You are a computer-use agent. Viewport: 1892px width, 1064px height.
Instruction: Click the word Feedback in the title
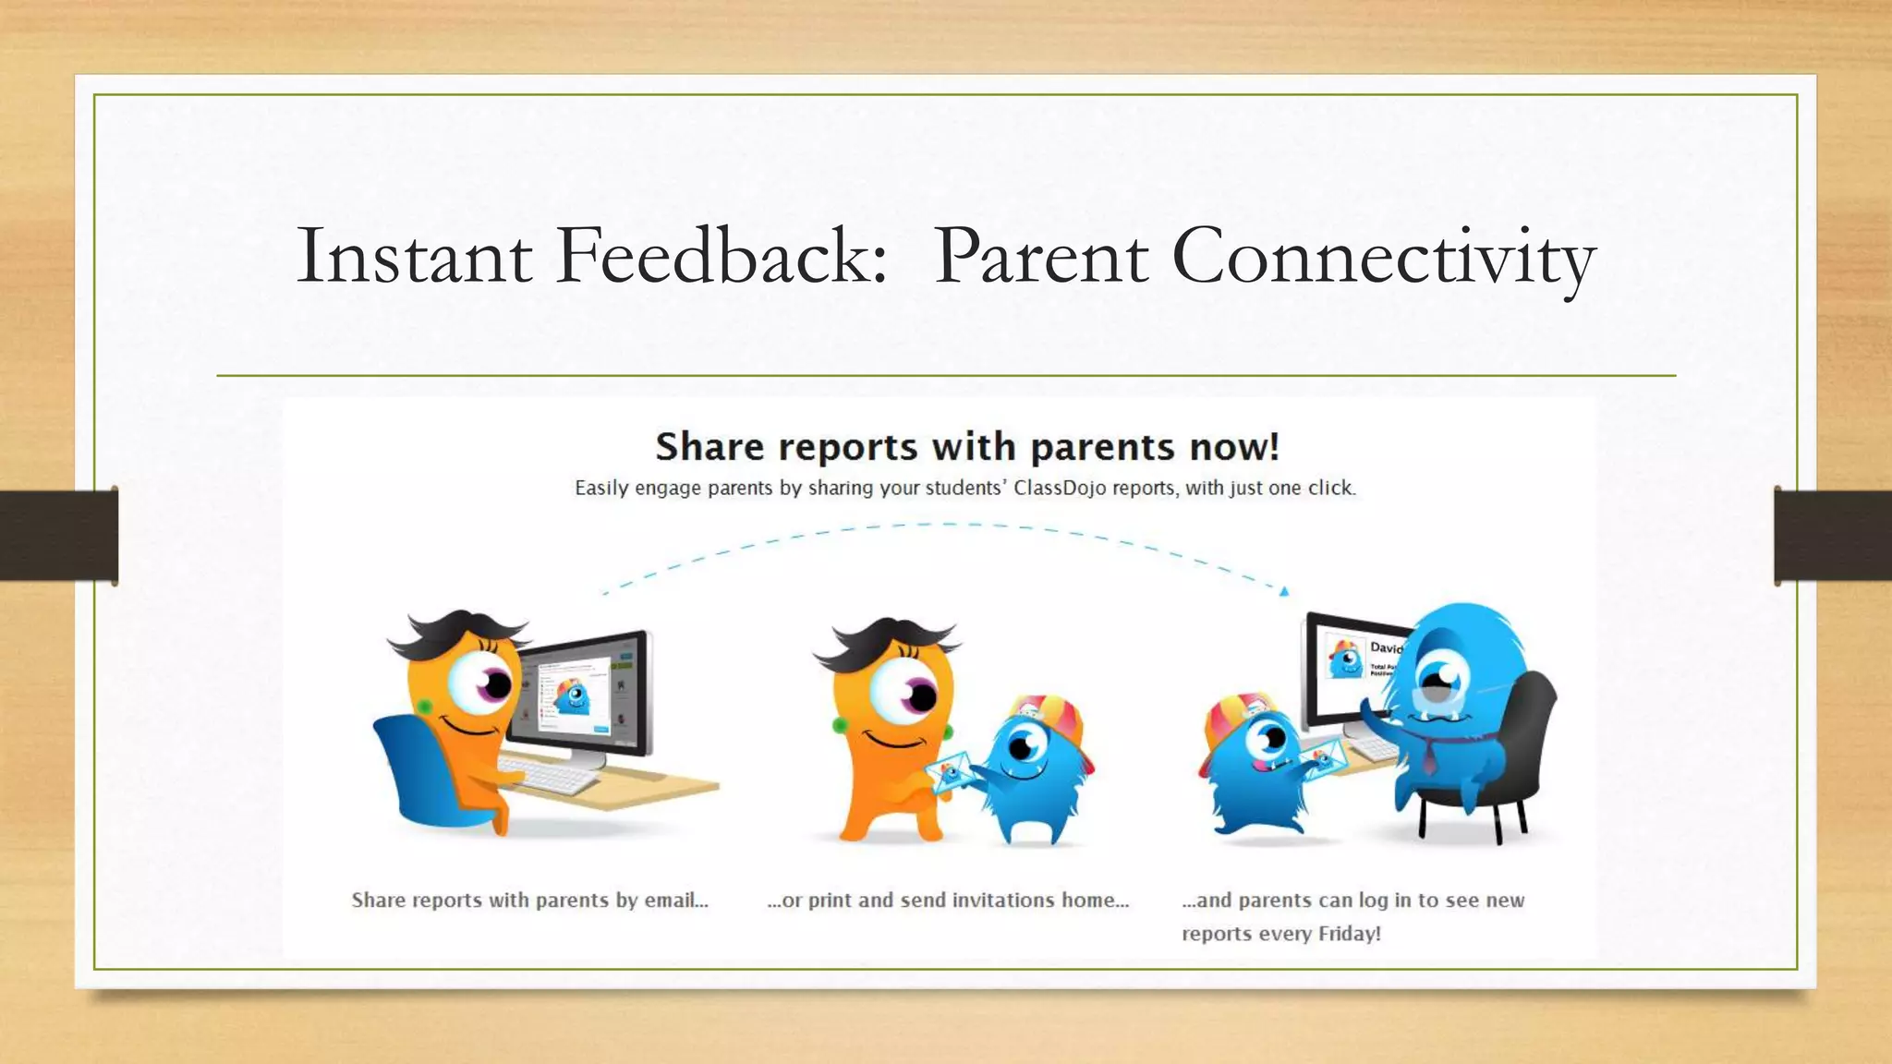pos(721,256)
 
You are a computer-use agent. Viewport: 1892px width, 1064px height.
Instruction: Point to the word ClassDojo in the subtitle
pos(1059,488)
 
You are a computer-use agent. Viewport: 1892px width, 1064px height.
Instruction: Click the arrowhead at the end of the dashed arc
pos(1283,591)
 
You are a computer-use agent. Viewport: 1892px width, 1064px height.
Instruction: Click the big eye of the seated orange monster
pos(483,683)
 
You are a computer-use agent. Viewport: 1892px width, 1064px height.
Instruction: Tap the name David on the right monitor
pos(1386,647)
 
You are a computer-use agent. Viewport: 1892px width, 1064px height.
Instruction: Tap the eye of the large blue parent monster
pos(1437,678)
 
